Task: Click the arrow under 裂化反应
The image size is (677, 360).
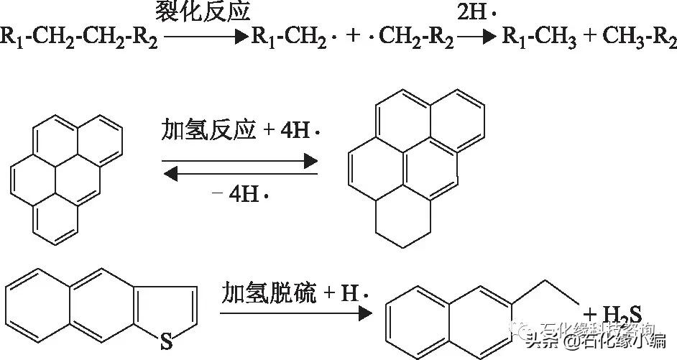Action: tap(204, 37)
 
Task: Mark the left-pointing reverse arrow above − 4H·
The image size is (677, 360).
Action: tap(240, 172)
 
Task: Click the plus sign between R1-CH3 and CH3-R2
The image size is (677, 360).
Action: tap(589, 38)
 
